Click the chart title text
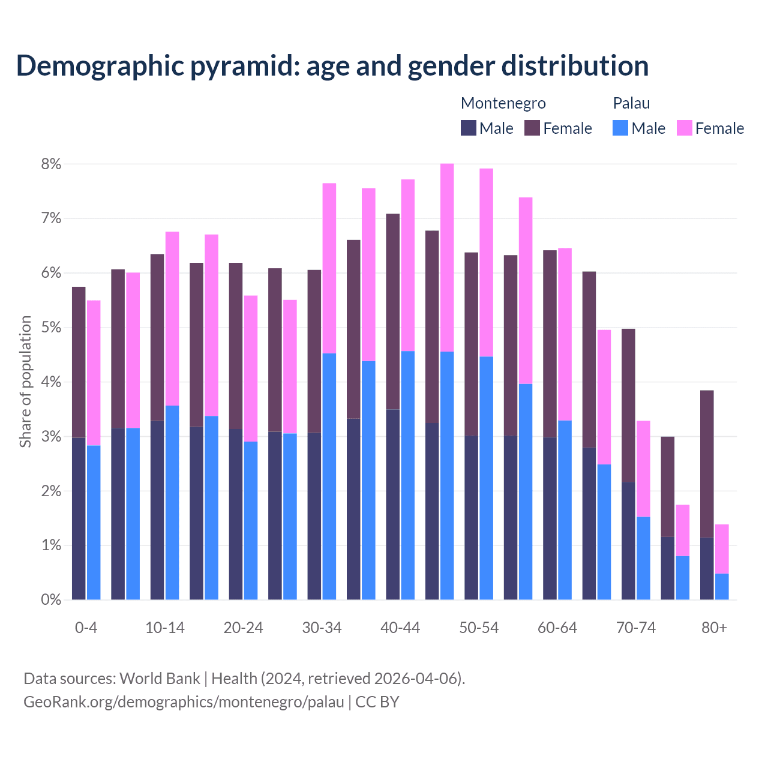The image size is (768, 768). pos(332,66)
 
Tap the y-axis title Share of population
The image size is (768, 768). pos(26,382)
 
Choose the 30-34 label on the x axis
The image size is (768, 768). pos(322,628)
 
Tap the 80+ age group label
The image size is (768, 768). pos(714,628)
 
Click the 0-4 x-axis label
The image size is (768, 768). pos(86,628)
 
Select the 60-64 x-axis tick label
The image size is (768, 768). pos(557,628)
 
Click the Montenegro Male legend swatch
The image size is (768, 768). pos(469,128)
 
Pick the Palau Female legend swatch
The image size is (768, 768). pos(685,128)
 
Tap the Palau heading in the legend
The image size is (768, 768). pos(631,103)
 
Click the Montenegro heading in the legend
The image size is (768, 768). pos(503,103)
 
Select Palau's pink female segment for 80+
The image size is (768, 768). pos(722,549)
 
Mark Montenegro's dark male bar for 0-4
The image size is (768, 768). pos(79,518)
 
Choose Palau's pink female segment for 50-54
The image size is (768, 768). pos(486,263)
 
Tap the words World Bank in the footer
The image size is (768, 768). pos(160,679)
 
